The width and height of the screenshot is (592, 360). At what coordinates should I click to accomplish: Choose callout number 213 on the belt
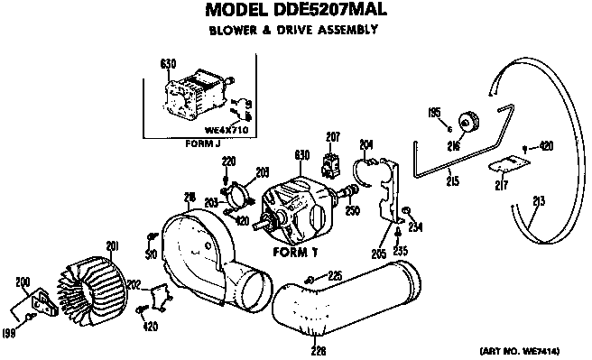tap(539, 201)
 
